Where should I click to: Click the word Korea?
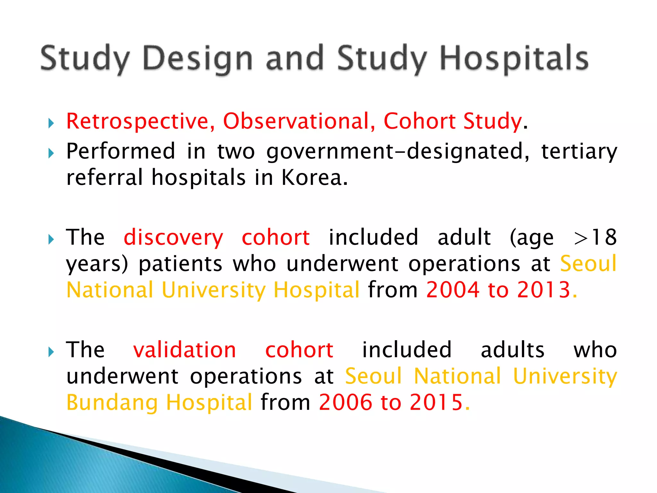tap(314, 178)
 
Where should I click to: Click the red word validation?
tap(185, 350)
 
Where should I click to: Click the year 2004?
tap(453, 290)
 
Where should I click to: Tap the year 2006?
tap(346, 402)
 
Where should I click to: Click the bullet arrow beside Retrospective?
tap(51, 123)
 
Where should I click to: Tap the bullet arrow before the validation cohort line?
tap(51, 352)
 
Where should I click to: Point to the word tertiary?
tap(579, 151)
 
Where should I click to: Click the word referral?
tap(104, 178)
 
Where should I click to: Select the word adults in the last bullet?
tap(512, 350)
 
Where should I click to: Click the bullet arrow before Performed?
tap(51, 153)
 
